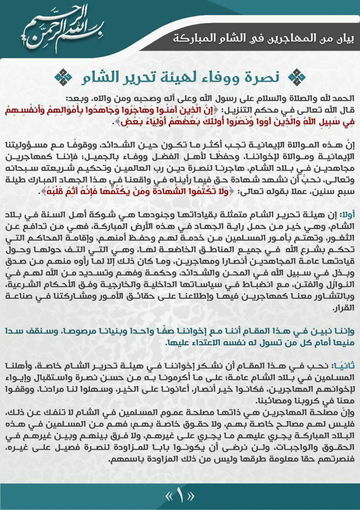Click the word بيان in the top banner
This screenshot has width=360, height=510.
pos(345,39)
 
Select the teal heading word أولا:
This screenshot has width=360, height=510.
pos(347,215)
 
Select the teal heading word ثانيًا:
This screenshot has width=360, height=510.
pos(345,365)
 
